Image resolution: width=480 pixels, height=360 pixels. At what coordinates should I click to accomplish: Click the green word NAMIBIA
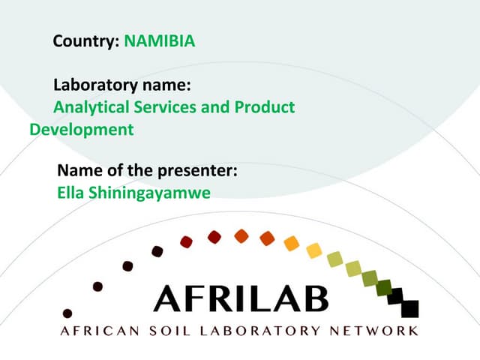pos(159,41)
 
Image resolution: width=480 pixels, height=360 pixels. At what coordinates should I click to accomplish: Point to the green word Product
pos(264,107)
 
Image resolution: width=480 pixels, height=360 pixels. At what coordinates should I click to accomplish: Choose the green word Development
pos(82,130)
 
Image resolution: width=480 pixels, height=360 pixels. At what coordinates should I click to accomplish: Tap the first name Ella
pos(70,193)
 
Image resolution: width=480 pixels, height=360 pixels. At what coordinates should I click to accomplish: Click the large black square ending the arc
pos(409,308)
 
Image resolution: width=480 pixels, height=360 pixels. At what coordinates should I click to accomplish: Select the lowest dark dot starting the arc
pos(67,313)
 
